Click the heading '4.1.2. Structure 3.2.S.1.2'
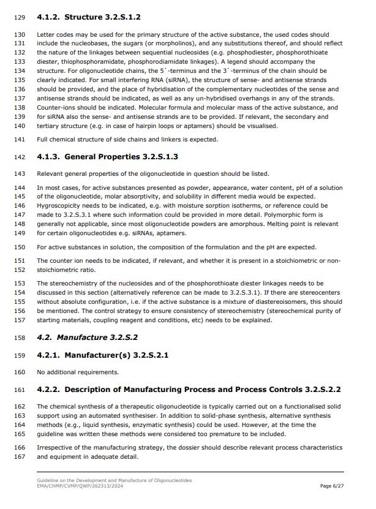89,17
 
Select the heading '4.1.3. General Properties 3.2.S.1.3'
107,157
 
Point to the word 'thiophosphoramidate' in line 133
87,62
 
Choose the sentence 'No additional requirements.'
78,372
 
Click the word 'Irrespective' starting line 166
54,448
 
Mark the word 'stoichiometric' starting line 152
58,270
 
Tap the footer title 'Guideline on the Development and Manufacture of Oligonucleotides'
114,480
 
